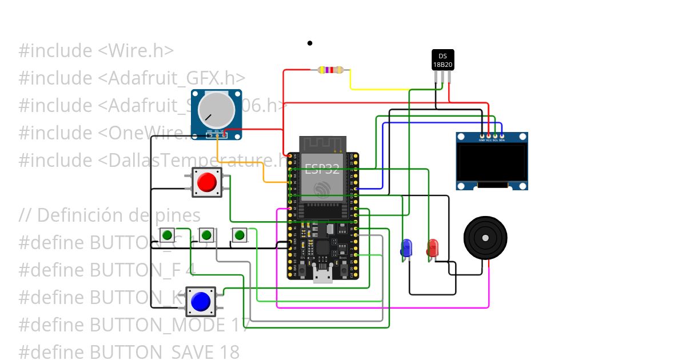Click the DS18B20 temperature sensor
(x=442, y=60)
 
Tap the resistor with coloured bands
(x=330, y=70)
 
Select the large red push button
(x=206, y=183)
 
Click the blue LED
(x=406, y=248)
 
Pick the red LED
(x=433, y=248)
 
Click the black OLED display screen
(x=492, y=162)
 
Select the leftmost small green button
(x=167, y=235)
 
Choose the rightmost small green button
(x=240, y=235)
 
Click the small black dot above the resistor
(x=310, y=43)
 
